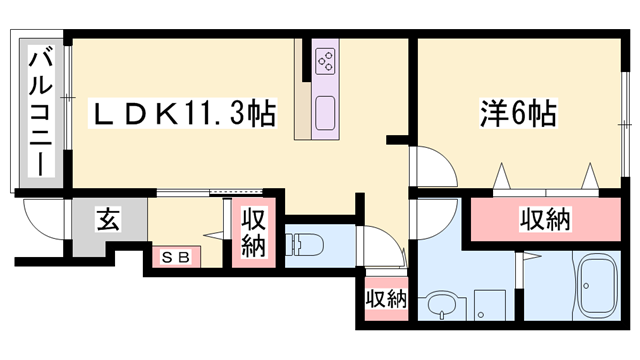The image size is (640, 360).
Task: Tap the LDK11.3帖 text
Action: [x=185, y=111]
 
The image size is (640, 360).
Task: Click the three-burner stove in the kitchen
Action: [x=326, y=61]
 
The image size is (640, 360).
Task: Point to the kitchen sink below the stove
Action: [x=326, y=113]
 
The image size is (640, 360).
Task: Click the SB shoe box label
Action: [x=174, y=256]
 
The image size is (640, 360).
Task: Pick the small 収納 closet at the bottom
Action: [x=385, y=299]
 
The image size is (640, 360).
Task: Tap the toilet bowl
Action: [x=304, y=243]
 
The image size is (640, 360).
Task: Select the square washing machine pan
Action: [x=489, y=304]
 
